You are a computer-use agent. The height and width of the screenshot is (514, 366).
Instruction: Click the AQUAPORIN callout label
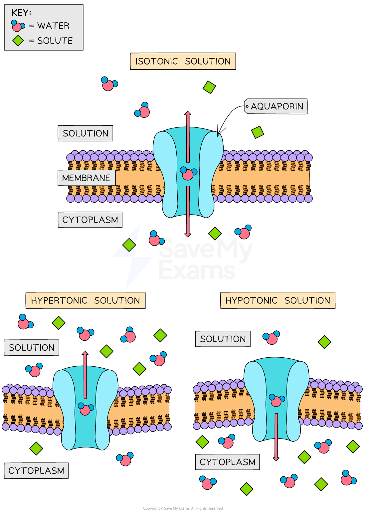point(276,106)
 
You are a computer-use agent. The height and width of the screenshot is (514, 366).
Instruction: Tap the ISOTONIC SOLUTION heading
point(183,61)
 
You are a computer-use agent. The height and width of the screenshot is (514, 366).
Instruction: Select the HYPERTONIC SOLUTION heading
point(86,300)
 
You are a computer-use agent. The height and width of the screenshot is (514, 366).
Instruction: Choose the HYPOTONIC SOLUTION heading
point(278,300)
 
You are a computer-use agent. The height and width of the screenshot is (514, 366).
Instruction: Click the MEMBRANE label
point(87,178)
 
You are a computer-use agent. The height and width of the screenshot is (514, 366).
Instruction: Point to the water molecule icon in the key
point(18,26)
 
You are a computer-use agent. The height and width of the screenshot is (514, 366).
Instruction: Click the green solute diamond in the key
point(18,41)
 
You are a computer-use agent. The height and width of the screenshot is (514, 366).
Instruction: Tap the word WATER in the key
point(53,26)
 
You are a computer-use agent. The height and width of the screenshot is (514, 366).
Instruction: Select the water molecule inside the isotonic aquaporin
point(188,173)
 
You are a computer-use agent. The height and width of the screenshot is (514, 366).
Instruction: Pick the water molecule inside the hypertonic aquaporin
point(86,409)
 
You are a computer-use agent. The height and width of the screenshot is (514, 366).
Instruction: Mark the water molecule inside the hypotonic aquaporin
point(276,400)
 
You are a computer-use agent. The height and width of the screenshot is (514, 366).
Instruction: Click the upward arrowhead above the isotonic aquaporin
point(188,114)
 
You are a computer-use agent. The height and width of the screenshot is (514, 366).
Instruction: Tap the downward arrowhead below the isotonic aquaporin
point(188,235)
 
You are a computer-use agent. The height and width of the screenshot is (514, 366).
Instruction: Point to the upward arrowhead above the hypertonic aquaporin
point(85,354)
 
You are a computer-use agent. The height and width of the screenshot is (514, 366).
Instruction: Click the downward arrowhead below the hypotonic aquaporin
point(276,459)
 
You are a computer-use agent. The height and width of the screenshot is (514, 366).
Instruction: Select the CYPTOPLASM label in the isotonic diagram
point(90,220)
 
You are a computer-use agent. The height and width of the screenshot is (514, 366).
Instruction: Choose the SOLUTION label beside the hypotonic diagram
point(223,339)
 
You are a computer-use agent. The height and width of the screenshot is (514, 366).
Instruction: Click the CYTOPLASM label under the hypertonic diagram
point(36,471)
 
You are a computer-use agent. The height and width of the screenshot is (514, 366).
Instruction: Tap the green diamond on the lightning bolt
point(129,245)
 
